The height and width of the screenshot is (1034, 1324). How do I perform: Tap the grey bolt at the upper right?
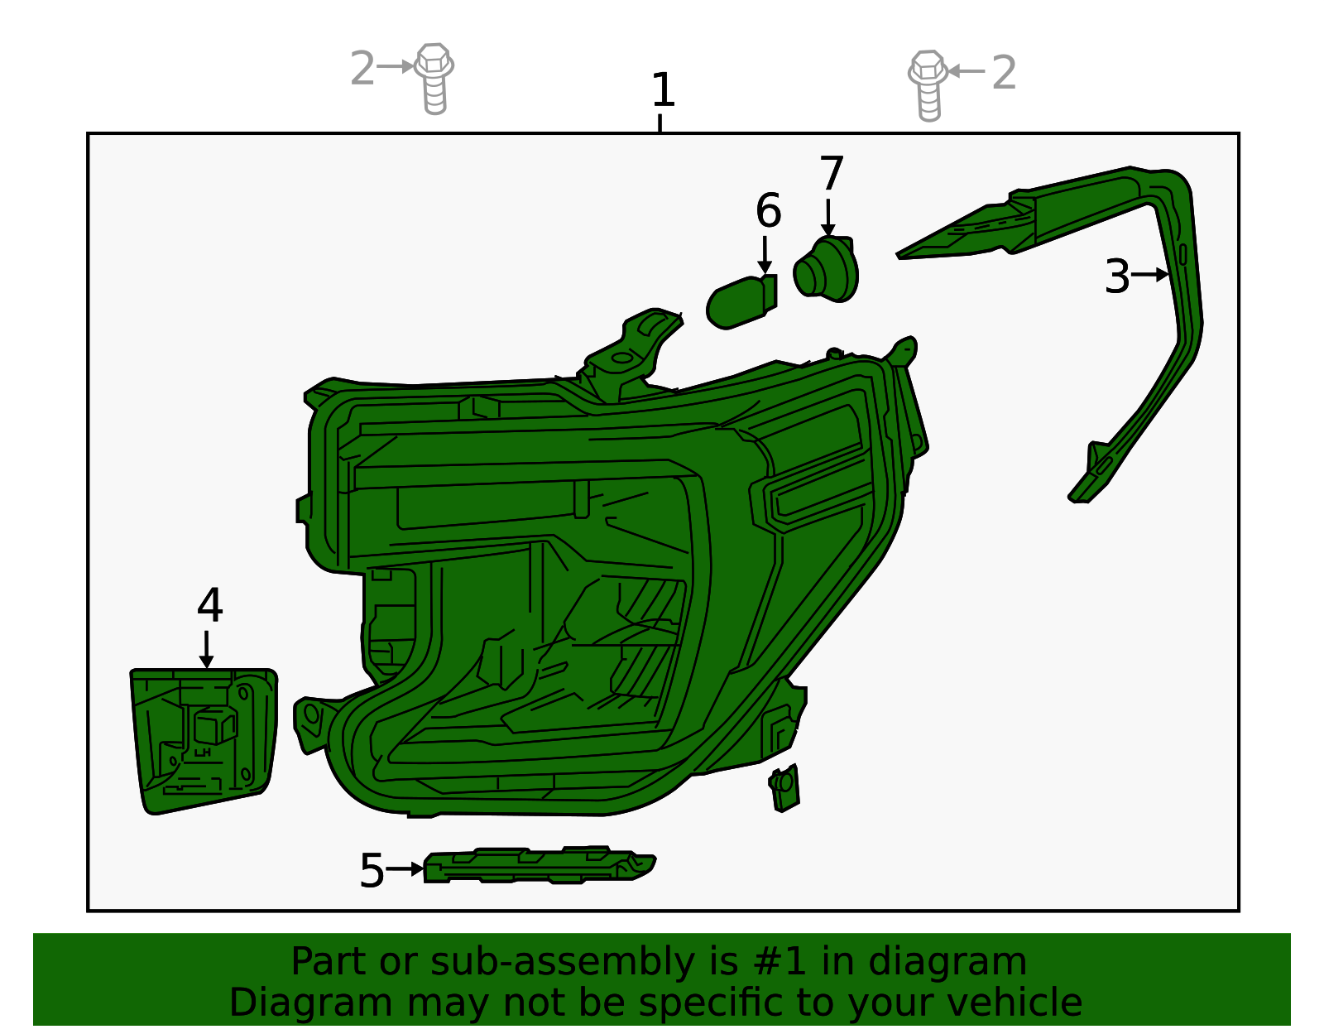pos(928,84)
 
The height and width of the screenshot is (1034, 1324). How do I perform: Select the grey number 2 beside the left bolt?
pos(362,69)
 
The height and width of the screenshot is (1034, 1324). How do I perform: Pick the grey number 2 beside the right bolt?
pos(1004,73)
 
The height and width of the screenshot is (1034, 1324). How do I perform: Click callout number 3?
pos(1117,277)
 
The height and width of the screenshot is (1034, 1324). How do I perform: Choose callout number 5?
pos(372,871)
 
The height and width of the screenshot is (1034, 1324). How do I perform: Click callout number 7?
pos(831,174)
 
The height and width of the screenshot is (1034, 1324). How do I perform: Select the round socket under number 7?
pos(826,268)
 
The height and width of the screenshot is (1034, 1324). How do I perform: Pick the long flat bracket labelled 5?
pos(538,866)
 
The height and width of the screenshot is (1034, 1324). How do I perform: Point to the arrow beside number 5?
pos(405,869)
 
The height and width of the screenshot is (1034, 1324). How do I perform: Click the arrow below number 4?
pos(206,649)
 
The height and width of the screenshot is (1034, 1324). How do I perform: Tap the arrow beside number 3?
pos(1150,274)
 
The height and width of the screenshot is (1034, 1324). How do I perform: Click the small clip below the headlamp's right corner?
pos(784,786)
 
